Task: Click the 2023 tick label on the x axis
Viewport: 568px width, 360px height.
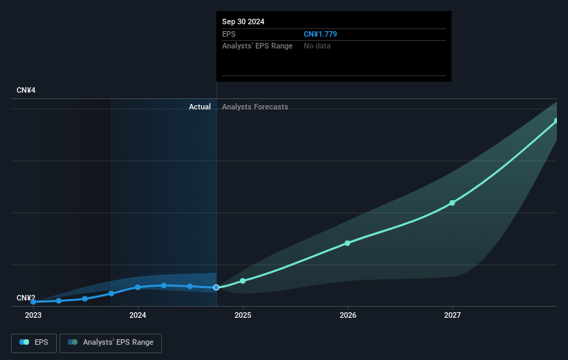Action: [33, 315]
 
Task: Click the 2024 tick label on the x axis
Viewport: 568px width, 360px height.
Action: [138, 315]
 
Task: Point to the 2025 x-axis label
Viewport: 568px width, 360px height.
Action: [243, 315]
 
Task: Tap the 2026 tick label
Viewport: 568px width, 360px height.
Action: [348, 315]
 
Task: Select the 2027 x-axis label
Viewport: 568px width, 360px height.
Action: [452, 315]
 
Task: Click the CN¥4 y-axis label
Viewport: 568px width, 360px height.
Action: [27, 91]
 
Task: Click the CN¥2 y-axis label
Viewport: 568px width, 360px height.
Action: [27, 298]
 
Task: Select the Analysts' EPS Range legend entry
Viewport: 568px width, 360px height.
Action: [111, 343]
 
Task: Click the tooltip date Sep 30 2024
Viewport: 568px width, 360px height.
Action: [243, 21]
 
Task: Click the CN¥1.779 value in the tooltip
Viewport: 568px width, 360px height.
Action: [320, 34]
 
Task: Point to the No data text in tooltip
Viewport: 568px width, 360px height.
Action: [317, 46]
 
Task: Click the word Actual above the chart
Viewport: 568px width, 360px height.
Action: [200, 107]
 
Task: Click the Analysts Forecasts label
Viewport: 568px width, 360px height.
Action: [255, 107]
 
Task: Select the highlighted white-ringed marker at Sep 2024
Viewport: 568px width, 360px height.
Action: [217, 287]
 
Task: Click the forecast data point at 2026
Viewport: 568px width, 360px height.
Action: [347, 243]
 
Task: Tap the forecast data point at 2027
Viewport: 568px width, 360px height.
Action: [452, 203]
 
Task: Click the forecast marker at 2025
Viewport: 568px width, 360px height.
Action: [243, 281]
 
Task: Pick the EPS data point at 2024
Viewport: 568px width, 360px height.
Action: [138, 287]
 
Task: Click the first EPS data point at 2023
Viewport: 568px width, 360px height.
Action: [33, 302]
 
